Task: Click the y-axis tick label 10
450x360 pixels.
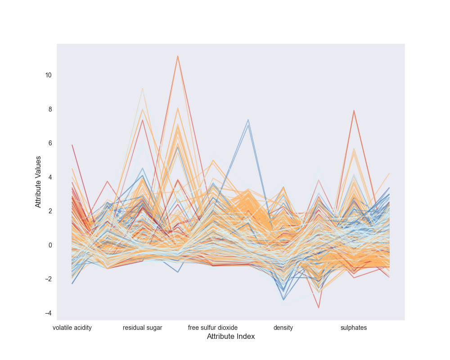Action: [48, 75]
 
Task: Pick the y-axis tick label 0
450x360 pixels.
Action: [49, 245]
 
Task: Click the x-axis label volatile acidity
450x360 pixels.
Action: [72, 328]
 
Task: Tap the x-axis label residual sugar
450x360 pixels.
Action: [143, 328]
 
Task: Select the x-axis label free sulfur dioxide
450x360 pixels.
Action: [213, 328]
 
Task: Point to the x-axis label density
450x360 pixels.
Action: [283, 328]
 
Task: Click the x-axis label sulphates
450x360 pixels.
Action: [354, 328]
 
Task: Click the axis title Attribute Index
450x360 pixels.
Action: [231, 337]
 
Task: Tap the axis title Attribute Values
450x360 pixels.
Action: [39, 182]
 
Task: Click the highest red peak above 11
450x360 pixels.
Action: [178, 56]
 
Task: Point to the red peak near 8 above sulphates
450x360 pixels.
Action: [354, 110]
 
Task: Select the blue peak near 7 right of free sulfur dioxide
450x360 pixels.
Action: [248, 120]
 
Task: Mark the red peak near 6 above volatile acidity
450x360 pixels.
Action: [72, 145]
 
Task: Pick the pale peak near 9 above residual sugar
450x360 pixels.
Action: [143, 88]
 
